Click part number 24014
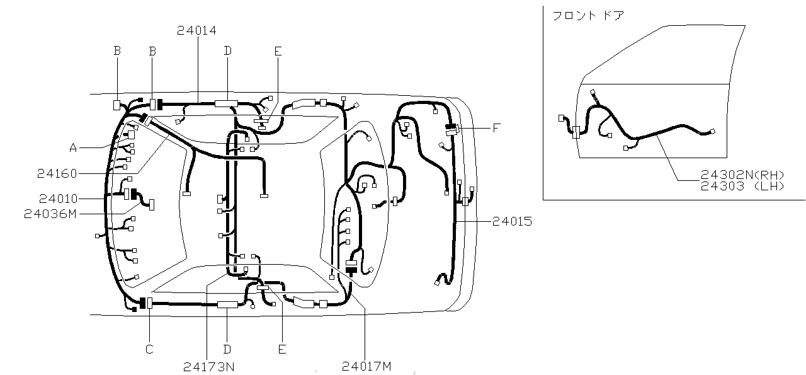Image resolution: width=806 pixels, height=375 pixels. (197, 31)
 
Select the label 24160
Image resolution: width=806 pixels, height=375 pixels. (57, 174)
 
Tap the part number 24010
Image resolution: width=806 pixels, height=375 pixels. (59, 199)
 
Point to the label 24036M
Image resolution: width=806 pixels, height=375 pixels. (50, 214)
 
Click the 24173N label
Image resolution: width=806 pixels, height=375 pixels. (209, 367)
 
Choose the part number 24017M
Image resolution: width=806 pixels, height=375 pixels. (366, 366)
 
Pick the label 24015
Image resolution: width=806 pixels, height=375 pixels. (512, 221)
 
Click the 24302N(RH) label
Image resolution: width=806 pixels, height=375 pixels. (742, 175)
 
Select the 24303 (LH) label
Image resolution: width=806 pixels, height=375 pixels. (742, 186)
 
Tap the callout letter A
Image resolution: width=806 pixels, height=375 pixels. (73, 147)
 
